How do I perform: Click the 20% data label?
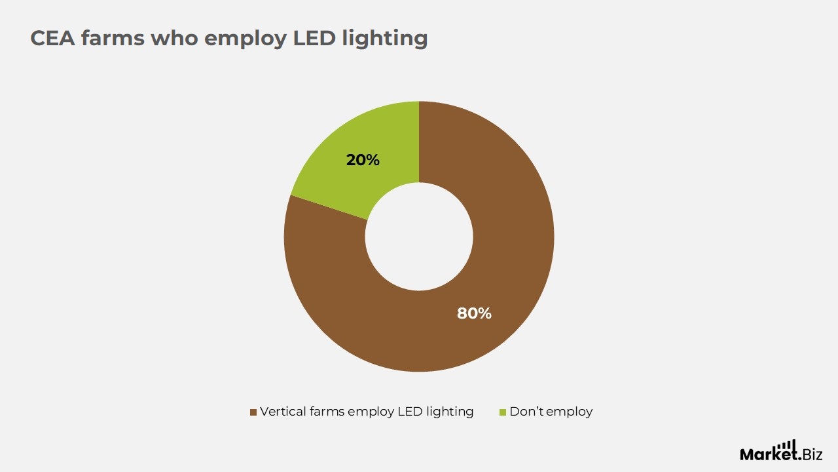click(x=363, y=160)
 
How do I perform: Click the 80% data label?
click(x=474, y=313)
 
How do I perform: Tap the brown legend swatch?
click(x=253, y=412)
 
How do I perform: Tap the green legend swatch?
click(x=503, y=412)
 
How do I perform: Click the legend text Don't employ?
click(x=551, y=412)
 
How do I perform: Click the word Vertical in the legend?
click(x=283, y=411)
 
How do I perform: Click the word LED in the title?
click(x=314, y=38)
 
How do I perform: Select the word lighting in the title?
click(x=385, y=39)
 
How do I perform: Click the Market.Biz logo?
click(x=781, y=450)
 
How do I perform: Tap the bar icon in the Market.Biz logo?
click(x=786, y=446)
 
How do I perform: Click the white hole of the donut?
click(x=419, y=237)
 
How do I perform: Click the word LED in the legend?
click(x=410, y=411)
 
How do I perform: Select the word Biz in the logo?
click(x=812, y=455)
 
